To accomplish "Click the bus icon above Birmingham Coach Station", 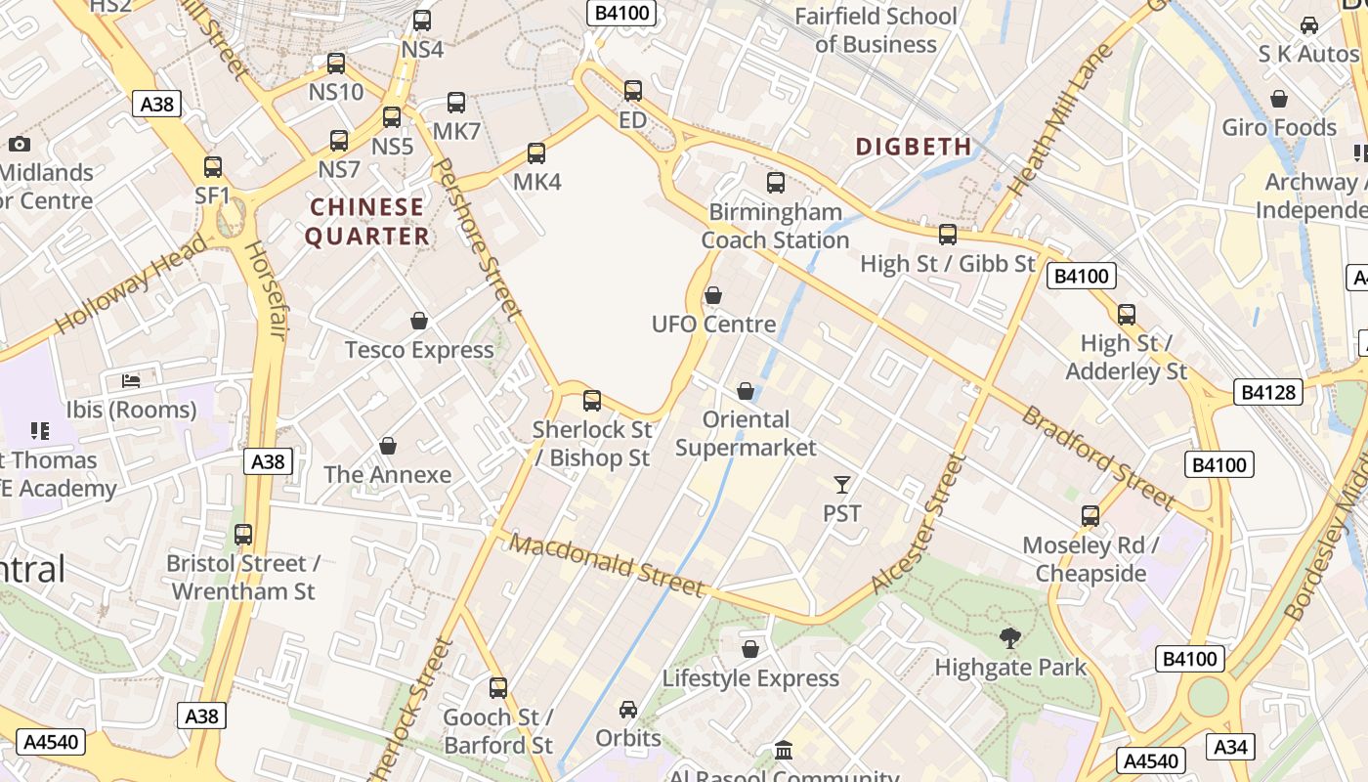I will coord(776,182).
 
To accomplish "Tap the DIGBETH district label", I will coord(914,147).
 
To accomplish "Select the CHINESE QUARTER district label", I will coord(366,222).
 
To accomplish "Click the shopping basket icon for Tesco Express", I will coord(419,321).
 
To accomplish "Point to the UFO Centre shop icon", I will coord(713,295).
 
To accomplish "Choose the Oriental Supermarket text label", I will coord(746,433).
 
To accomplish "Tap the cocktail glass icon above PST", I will coord(841,484).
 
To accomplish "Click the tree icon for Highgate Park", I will coord(1010,638).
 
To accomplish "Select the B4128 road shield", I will coord(1268,392).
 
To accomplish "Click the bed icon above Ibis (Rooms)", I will coord(131,380).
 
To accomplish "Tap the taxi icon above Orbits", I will coord(628,709).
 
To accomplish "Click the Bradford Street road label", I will coord(1098,457).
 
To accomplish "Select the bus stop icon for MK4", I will coord(536,153).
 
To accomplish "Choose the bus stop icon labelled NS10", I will coord(336,64).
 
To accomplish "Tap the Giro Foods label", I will coord(1278,127).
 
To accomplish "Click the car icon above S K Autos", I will coord(1308,25).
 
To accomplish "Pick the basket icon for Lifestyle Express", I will coord(750,649).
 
